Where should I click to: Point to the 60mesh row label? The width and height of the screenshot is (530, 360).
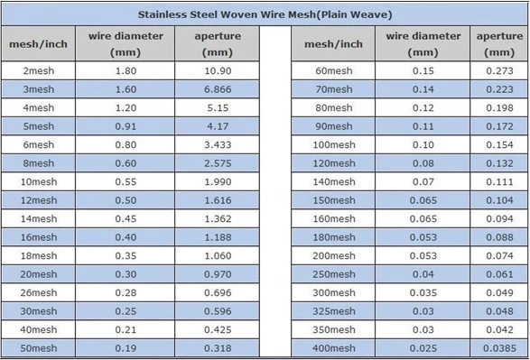[333, 70]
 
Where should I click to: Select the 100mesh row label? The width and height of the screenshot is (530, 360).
[333, 144]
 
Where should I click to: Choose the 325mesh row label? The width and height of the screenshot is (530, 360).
[333, 310]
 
